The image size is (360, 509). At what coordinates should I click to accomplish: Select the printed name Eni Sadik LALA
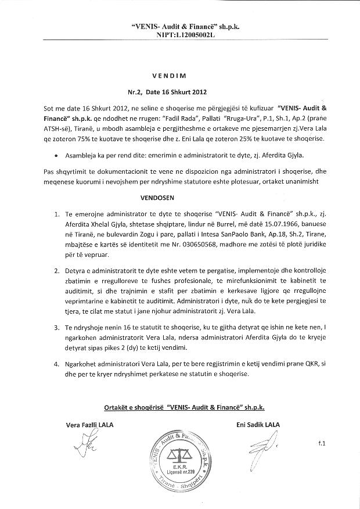(x=258, y=425)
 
